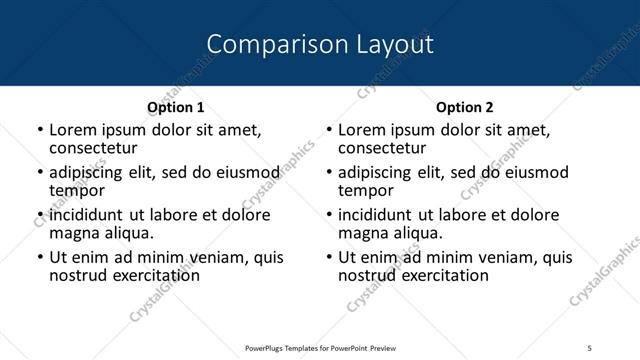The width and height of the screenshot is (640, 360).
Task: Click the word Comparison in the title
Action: pos(265,44)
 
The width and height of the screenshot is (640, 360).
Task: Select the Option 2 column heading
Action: pos(464,107)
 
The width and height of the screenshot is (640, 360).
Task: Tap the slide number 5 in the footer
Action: pos(589,347)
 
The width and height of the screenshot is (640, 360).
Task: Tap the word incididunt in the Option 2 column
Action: pos(381,215)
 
